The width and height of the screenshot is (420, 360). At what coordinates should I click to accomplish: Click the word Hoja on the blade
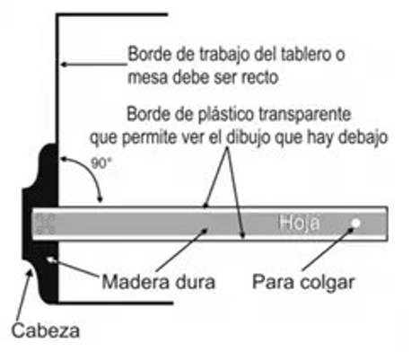pos(299,223)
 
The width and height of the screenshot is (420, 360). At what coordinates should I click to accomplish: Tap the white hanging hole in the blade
pos(355,224)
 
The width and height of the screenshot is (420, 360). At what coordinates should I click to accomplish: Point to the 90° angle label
pos(101,163)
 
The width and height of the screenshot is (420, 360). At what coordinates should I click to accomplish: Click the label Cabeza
pos(46,330)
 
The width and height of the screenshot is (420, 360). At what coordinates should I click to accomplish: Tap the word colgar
pos(325,283)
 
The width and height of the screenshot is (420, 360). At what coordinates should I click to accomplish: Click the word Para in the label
pos(272,282)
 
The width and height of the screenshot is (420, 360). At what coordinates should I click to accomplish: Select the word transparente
pos(304,115)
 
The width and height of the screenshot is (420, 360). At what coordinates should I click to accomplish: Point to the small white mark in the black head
pos(48,259)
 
